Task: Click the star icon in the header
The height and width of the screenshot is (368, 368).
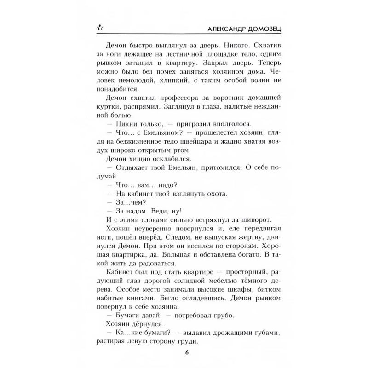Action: click(99, 28)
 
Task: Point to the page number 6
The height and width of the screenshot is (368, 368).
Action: click(187, 353)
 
